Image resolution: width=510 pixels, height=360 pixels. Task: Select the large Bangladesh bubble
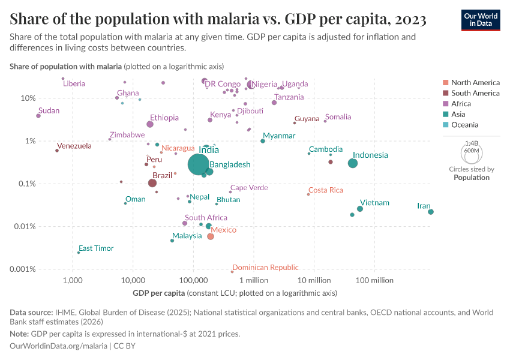pyautogui.click(x=199, y=164)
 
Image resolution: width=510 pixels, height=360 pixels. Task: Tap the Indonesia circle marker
pyautogui.click(x=353, y=163)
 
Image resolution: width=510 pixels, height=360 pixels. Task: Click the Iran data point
pyautogui.click(x=431, y=212)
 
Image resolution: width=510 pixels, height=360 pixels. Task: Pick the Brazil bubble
pyautogui.click(x=152, y=183)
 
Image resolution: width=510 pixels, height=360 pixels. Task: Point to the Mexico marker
pyautogui.click(x=211, y=236)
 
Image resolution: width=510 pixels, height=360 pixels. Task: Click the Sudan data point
pyautogui.click(x=38, y=116)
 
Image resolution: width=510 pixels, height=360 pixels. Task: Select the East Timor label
pyautogui.click(x=96, y=248)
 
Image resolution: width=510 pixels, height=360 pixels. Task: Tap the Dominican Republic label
pyautogui.click(x=265, y=268)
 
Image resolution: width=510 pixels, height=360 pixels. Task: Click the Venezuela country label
pyautogui.click(x=74, y=146)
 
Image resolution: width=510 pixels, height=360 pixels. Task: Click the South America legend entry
pyautogui.click(x=475, y=93)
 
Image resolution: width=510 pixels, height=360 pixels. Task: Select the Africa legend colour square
pyautogui.click(x=445, y=104)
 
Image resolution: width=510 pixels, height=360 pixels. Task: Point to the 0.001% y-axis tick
pyautogui.click(x=23, y=269)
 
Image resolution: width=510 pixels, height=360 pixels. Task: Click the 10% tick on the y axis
pyautogui.click(x=28, y=98)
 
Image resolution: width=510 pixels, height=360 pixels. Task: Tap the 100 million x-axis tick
pyautogui.click(x=374, y=281)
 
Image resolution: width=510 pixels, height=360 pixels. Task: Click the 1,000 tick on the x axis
pyautogui.click(x=73, y=281)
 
